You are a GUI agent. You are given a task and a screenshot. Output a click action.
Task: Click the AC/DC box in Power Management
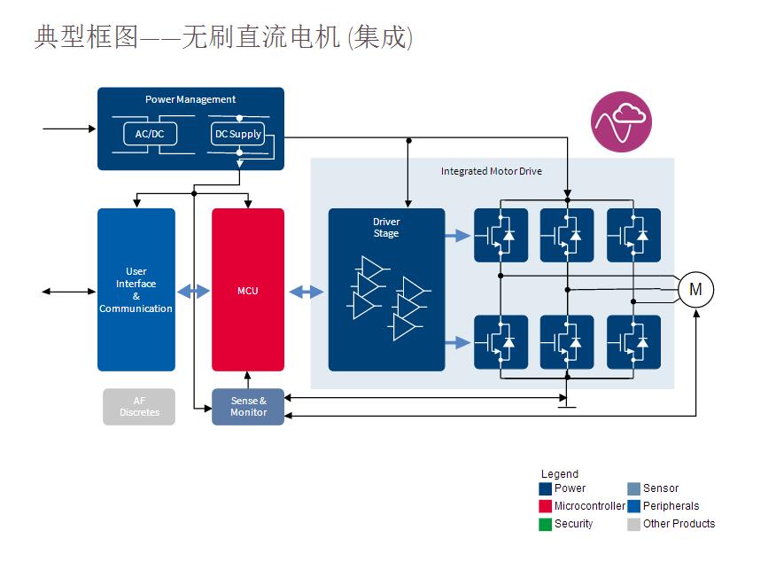click(x=149, y=134)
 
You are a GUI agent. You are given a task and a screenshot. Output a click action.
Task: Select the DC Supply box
click(x=238, y=134)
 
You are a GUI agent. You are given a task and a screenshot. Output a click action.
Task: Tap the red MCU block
click(x=248, y=290)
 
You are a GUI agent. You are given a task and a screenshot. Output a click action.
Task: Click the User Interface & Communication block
click(x=136, y=290)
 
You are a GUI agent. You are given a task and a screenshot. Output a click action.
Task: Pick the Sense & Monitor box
click(x=248, y=407)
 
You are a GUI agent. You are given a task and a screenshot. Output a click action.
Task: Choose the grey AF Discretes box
click(x=139, y=407)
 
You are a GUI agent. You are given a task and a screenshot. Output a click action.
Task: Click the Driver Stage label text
click(x=386, y=228)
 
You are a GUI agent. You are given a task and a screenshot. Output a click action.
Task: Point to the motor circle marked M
click(x=695, y=289)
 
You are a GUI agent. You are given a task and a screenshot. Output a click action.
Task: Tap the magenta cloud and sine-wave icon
click(x=621, y=121)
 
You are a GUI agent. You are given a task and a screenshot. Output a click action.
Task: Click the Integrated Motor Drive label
click(x=491, y=171)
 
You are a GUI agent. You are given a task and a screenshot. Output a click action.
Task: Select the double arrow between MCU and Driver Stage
click(x=307, y=291)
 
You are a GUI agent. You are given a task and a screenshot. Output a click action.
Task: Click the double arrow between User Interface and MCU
click(x=194, y=291)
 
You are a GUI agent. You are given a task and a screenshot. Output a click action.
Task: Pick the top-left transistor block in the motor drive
click(x=501, y=235)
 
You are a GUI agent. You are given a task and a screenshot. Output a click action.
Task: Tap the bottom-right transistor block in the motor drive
click(x=633, y=342)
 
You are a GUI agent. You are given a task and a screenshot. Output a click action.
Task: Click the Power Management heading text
click(x=190, y=99)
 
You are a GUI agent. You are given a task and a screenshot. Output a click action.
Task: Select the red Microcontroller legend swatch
click(x=546, y=506)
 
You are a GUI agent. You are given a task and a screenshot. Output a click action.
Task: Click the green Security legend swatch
click(x=546, y=524)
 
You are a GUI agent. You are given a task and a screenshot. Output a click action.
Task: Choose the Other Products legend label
click(x=679, y=524)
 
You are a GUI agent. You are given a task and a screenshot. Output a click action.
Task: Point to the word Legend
click(x=560, y=474)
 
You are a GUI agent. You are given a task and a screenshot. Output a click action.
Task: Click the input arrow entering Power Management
click(x=69, y=129)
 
